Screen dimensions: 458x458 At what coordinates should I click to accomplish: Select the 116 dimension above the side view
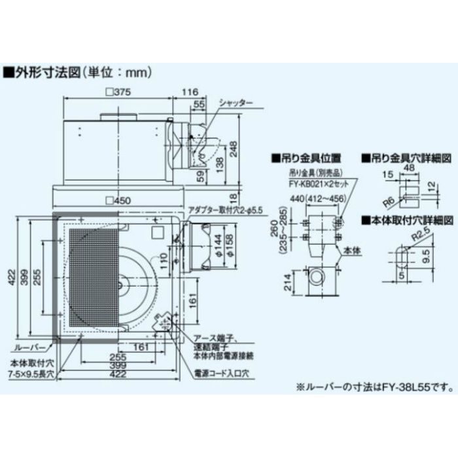190,92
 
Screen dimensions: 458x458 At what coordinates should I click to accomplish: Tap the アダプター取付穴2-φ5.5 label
224,210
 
